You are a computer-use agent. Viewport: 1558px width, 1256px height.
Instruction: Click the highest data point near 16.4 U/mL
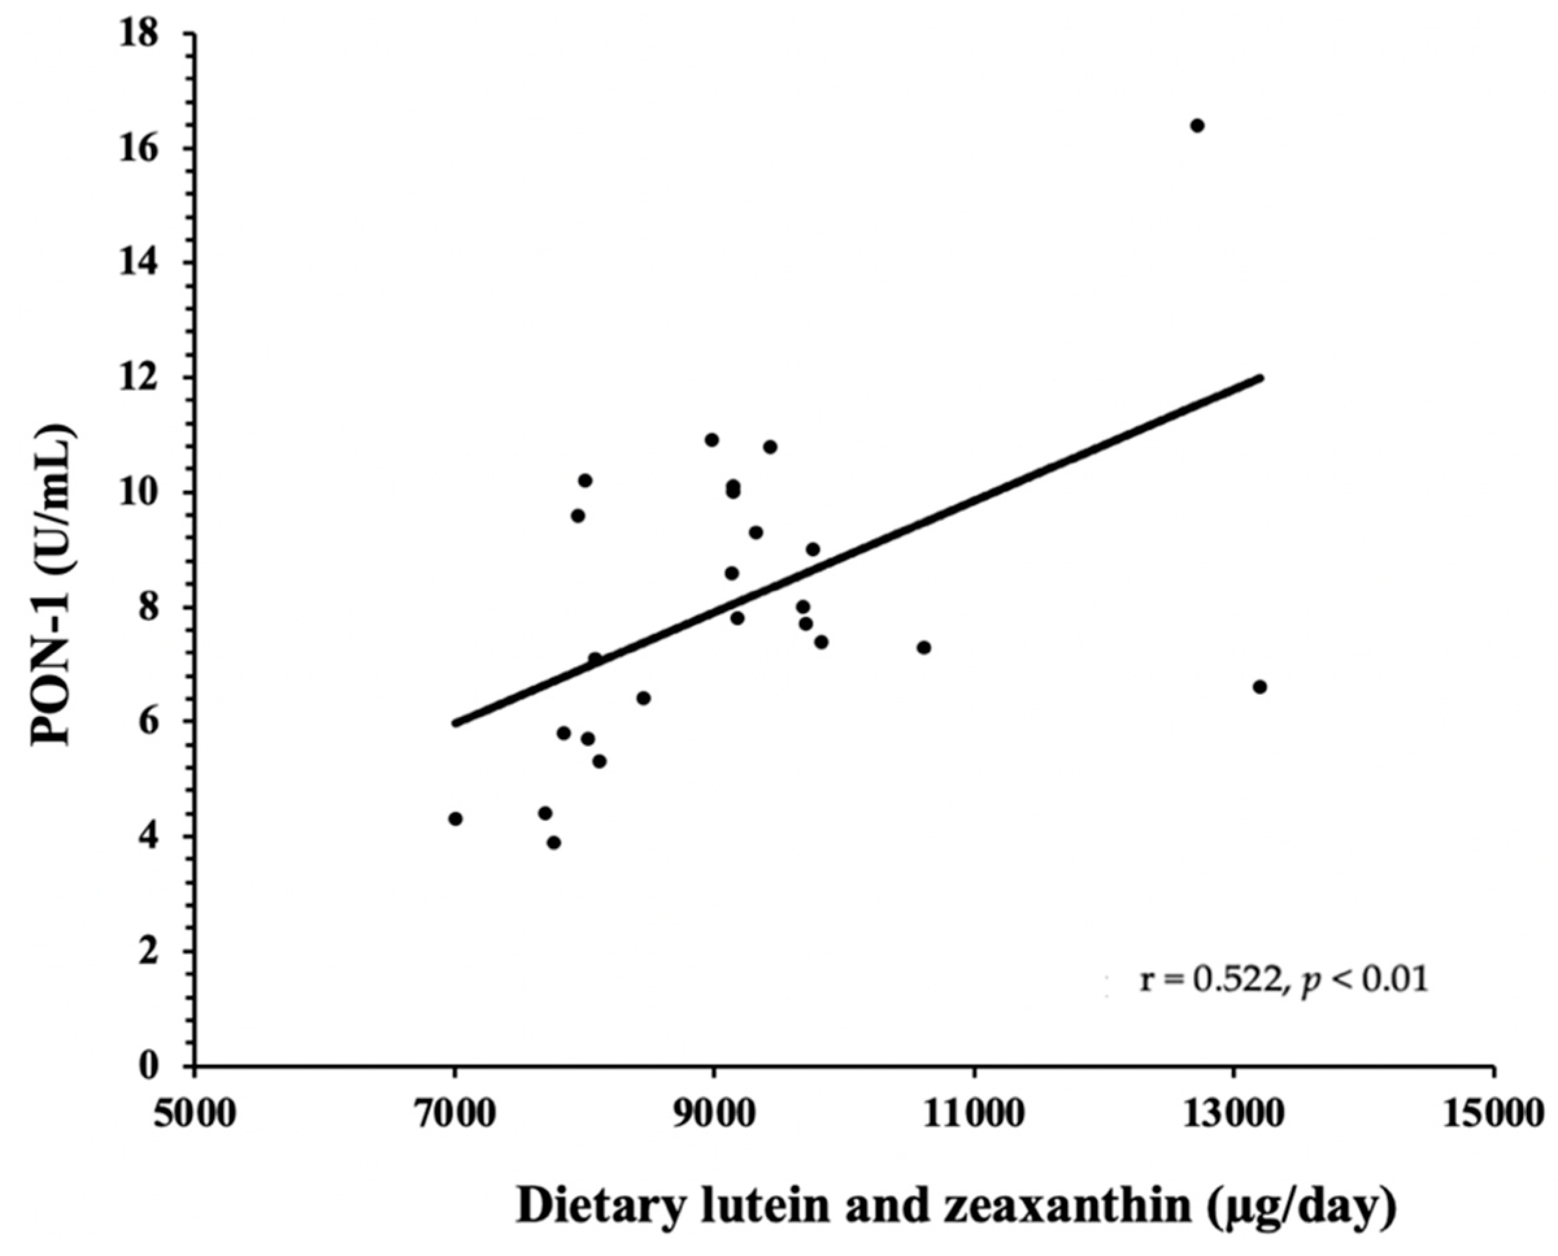pyautogui.click(x=1197, y=126)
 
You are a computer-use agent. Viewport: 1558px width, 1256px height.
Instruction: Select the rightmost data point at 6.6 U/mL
pyautogui.click(x=1260, y=686)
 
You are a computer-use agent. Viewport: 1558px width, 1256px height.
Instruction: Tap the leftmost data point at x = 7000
pyautogui.click(x=455, y=819)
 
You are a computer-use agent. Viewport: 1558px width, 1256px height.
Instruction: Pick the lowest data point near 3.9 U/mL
pyautogui.click(x=554, y=842)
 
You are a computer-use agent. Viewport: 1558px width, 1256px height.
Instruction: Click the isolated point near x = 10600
pyautogui.click(x=924, y=647)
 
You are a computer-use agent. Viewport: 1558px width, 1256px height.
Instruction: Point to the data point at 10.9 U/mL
pyautogui.click(x=711, y=440)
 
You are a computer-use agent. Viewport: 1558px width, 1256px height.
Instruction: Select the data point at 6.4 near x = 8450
pyautogui.click(x=644, y=698)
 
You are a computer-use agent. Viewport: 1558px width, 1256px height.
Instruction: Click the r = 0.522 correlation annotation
pyautogui.click(x=1283, y=981)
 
